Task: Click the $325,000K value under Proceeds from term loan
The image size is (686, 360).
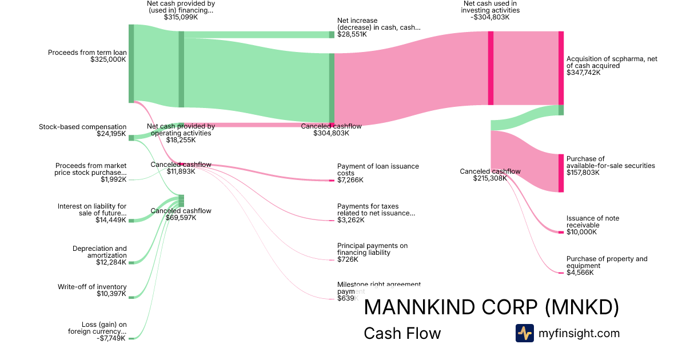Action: coord(108,59)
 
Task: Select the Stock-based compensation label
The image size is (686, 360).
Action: coord(82,127)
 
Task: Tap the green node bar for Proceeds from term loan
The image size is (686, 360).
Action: coord(131,63)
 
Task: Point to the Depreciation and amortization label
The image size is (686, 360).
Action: coord(99,252)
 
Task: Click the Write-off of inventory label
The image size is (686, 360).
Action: coord(92,287)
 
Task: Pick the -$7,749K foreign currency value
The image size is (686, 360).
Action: coord(111,338)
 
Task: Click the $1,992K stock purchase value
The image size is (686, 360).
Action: coord(113,179)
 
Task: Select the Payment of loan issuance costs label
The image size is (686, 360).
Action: coord(378,170)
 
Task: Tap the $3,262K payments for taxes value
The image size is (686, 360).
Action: coord(350,220)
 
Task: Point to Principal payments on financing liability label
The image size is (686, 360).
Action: coord(372,249)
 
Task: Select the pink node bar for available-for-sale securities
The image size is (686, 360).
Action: coord(561,173)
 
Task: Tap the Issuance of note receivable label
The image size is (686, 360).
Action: coord(593,222)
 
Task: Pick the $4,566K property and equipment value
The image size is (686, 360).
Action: coord(580,273)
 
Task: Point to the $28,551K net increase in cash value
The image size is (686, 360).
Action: coord(352,34)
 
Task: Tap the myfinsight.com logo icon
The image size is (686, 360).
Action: coord(524,333)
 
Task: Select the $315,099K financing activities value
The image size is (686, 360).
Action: coord(181,17)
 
